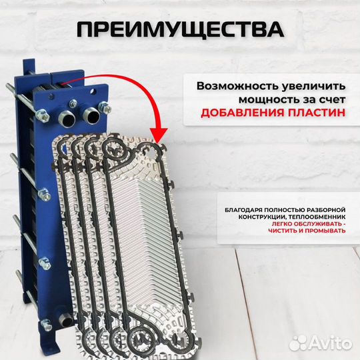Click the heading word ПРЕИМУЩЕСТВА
(x=180, y=30)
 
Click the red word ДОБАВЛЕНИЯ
(x=239, y=113)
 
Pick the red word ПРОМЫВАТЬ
(x=324, y=231)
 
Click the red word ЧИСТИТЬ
(x=276, y=231)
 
